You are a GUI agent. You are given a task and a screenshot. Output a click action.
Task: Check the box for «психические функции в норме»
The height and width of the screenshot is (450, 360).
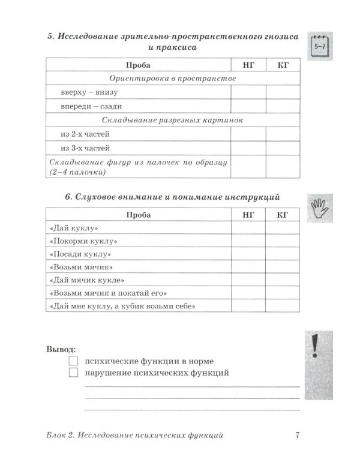[x=74, y=361]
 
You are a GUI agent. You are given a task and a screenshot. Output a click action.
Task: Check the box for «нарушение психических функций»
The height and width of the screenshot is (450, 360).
[x=74, y=373]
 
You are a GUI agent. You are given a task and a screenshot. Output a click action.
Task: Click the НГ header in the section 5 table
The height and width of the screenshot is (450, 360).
[x=248, y=65]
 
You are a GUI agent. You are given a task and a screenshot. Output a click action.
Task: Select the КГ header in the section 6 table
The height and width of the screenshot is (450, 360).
[x=283, y=215]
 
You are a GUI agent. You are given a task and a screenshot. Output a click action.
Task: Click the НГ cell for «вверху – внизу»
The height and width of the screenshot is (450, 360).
[x=248, y=92]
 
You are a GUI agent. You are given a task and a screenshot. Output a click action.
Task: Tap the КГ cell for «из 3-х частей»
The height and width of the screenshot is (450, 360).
[x=283, y=148]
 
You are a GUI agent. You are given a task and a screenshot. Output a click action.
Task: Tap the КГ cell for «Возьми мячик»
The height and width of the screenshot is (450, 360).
[x=283, y=267]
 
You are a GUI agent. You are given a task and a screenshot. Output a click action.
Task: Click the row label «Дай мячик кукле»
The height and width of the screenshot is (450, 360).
[x=86, y=280]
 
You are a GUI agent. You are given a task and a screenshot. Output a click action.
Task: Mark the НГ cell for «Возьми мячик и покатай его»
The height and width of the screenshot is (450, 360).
[x=248, y=293]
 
